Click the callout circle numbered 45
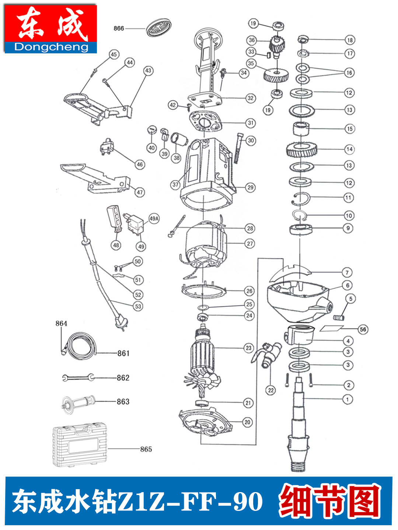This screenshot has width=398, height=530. (x=114, y=54)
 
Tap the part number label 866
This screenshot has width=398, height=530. (x=119, y=28)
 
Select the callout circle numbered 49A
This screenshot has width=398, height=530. (x=154, y=219)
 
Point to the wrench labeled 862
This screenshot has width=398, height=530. (x=78, y=378)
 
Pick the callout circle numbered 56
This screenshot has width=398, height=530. (x=363, y=329)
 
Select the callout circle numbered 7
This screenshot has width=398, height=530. (x=347, y=273)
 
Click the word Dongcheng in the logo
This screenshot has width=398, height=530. (x=51, y=47)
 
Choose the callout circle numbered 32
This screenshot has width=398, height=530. (x=250, y=98)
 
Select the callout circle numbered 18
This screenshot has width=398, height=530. (x=350, y=40)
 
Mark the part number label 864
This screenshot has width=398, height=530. (x=61, y=324)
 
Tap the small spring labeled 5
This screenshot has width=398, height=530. (x=339, y=317)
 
